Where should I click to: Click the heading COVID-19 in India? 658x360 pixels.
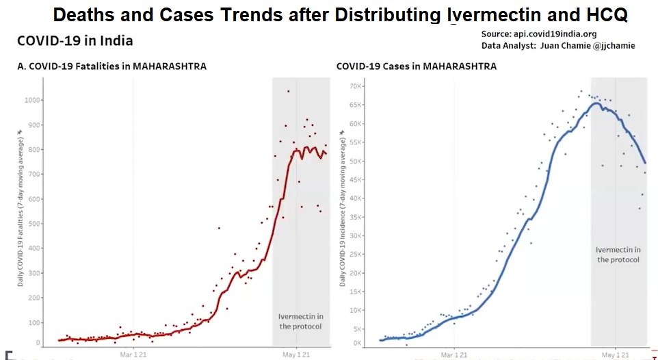pyautogui.click(x=75, y=41)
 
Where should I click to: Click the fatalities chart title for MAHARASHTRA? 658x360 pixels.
pyautogui.click(x=111, y=66)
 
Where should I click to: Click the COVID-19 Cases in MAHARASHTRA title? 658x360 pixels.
pyautogui.click(x=417, y=66)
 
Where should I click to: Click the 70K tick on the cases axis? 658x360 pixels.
pyautogui.click(x=354, y=86)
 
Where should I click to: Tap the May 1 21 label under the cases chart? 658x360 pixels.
pyautogui.click(x=615, y=355)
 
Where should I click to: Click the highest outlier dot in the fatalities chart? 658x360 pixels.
pyautogui.click(x=289, y=91)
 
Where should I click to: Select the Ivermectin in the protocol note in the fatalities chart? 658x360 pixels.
pyautogui.click(x=300, y=321)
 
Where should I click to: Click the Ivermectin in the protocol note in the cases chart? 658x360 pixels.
pyautogui.click(x=618, y=255)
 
